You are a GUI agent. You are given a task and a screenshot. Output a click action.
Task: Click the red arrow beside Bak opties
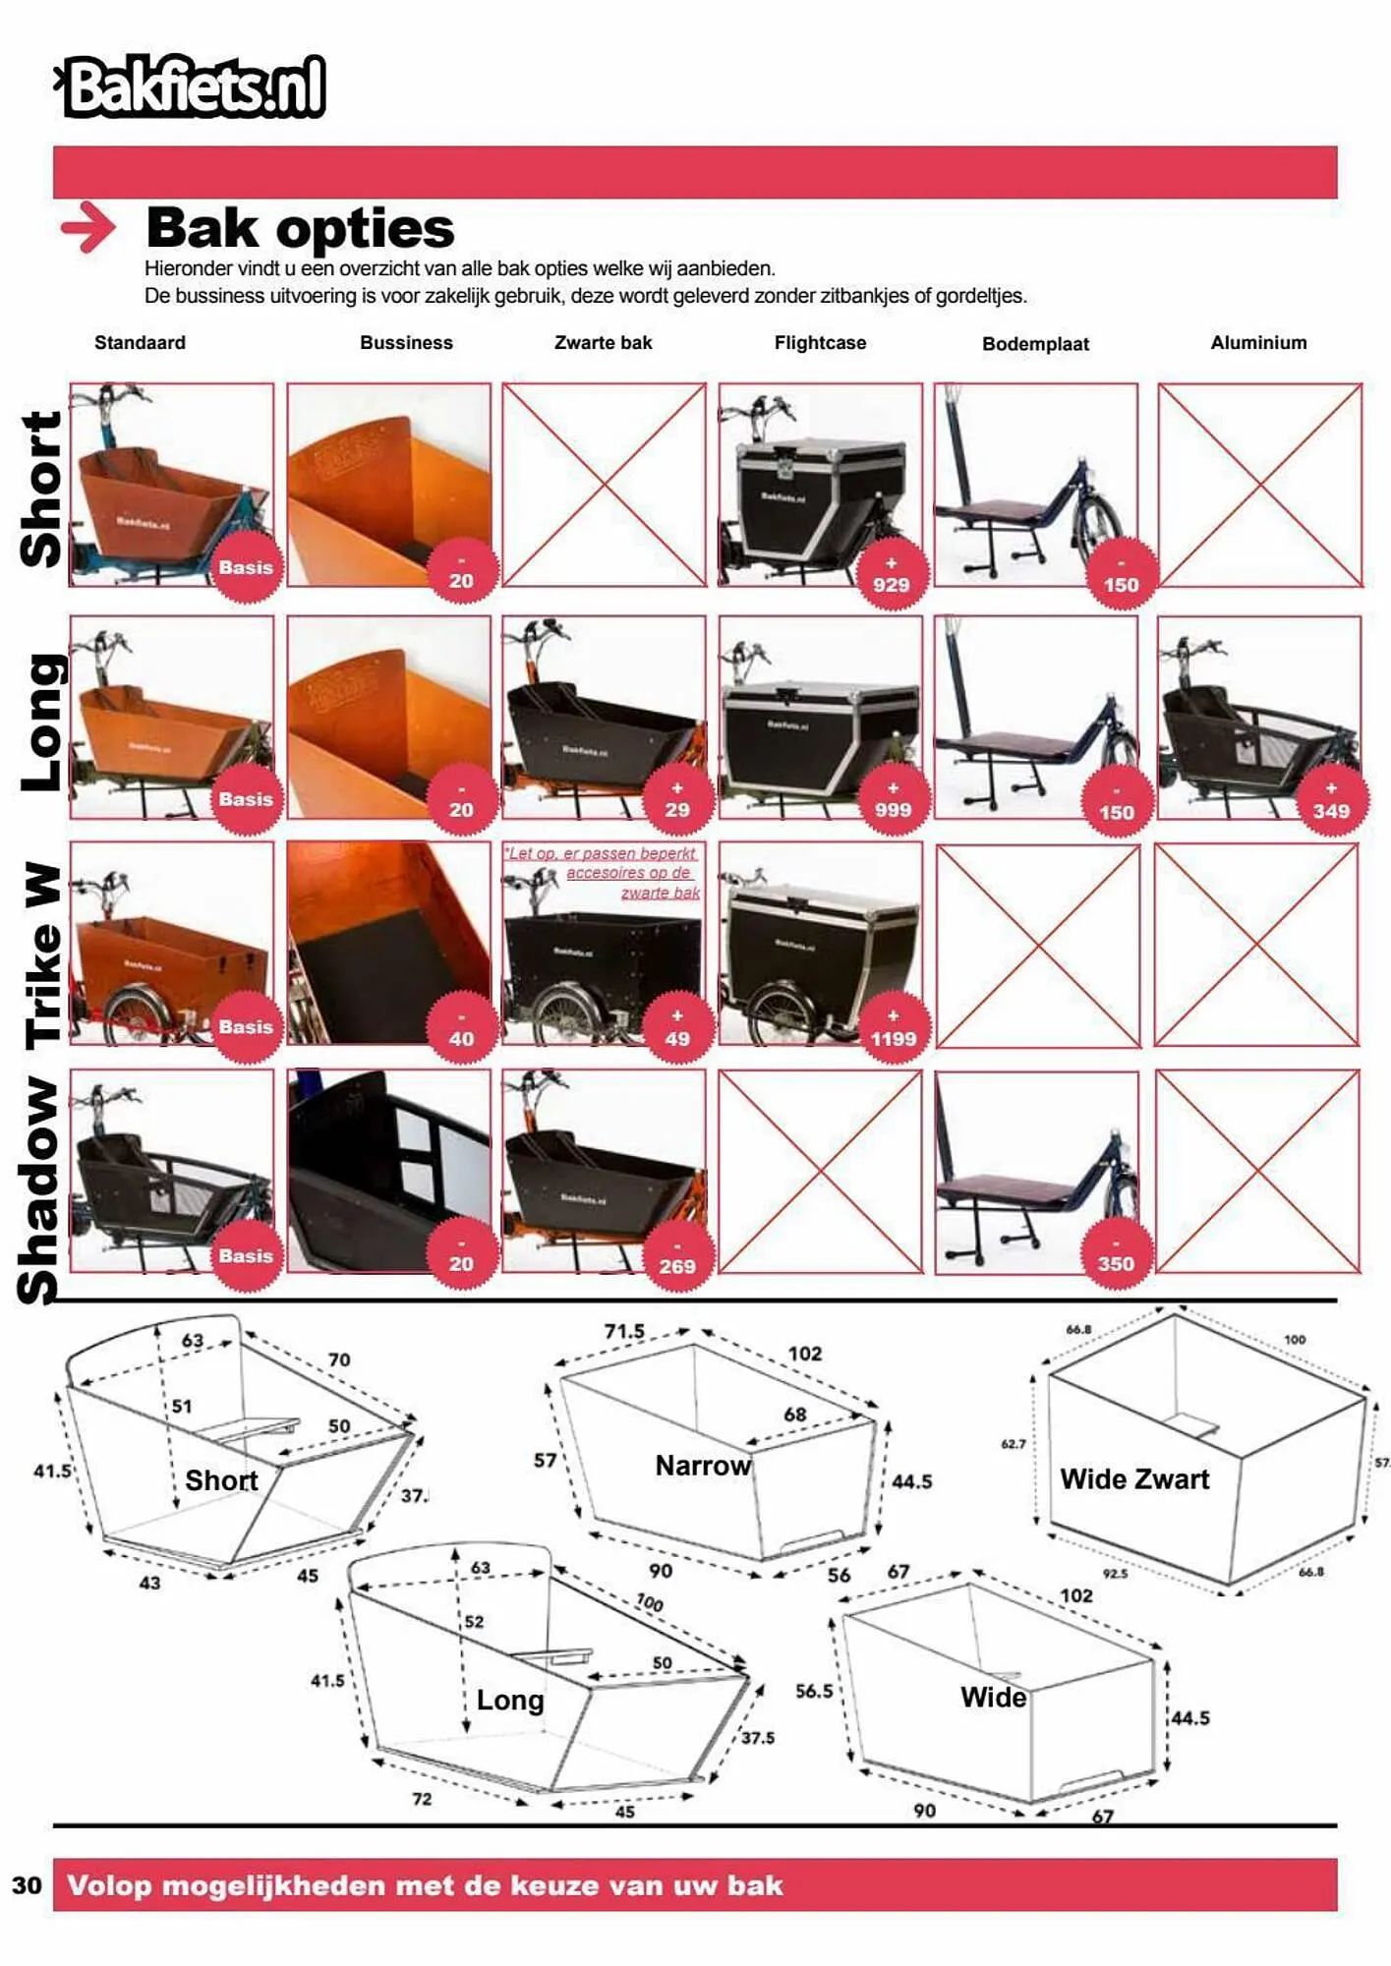point(87,228)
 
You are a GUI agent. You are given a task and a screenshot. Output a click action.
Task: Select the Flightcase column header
point(820,343)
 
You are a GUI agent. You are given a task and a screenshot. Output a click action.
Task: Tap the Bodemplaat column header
point(1035,344)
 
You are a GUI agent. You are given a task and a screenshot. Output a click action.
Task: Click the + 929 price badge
point(892,574)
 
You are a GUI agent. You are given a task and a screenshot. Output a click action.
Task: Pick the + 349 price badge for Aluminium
point(1331,801)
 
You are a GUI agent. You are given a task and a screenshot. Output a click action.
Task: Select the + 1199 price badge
point(893,1029)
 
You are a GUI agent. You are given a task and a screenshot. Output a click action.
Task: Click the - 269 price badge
point(677,1257)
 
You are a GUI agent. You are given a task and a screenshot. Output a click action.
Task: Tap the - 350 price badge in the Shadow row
point(1116,1255)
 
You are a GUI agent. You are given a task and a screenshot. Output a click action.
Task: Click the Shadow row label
point(41,1189)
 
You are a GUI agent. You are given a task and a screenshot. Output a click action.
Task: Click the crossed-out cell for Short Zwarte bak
point(604,485)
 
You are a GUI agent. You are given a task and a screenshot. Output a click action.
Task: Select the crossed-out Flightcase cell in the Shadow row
point(820,1172)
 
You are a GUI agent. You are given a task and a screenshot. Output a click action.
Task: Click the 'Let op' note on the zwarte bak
point(603,873)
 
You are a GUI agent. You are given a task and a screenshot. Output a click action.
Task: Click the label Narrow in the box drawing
point(703,1466)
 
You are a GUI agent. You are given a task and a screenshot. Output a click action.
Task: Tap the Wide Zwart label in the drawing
point(1134,1479)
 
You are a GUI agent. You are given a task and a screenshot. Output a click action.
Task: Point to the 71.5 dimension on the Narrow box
point(624,1331)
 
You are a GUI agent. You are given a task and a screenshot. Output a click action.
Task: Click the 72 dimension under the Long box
point(422,1799)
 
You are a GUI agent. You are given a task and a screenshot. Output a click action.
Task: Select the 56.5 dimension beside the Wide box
point(814,1691)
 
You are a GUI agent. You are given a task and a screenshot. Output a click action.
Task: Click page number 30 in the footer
point(28,1884)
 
